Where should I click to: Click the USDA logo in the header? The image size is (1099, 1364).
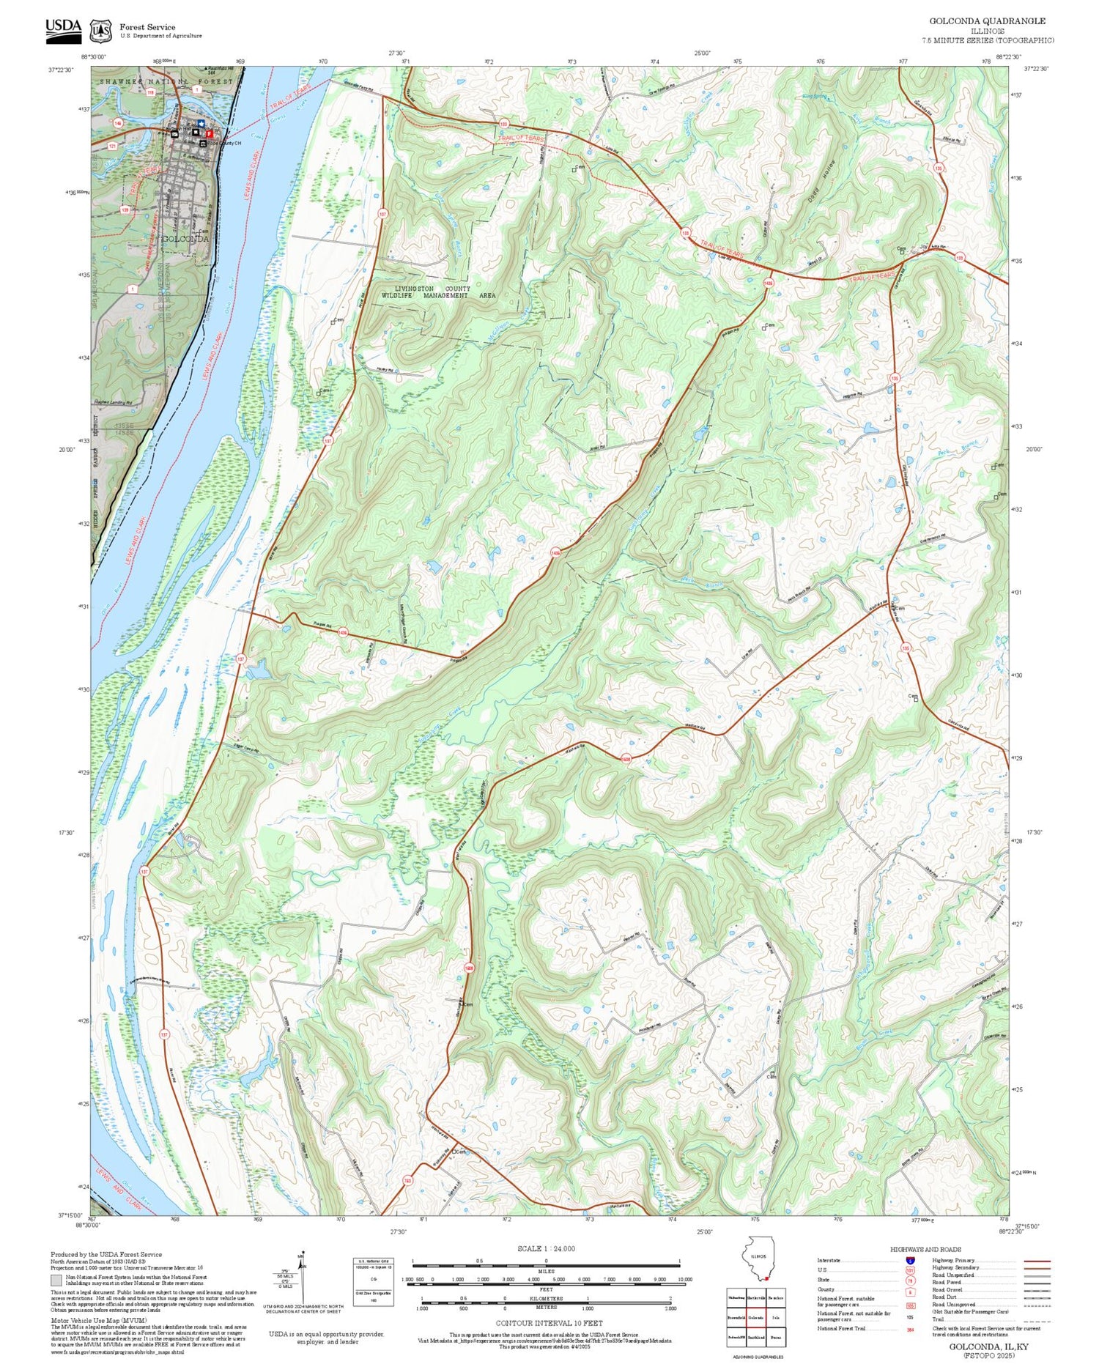[63, 30]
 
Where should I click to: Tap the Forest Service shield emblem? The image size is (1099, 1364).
[100, 31]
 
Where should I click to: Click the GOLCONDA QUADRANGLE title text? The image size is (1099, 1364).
[987, 21]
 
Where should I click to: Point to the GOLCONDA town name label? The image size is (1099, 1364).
[185, 239]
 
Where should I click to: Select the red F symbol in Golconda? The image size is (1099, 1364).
[209, 134]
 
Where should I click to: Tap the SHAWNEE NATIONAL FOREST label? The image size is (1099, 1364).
[166, 81]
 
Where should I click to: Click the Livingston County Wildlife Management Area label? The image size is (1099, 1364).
[438, 292]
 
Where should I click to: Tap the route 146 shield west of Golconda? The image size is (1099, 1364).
[117, 124]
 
